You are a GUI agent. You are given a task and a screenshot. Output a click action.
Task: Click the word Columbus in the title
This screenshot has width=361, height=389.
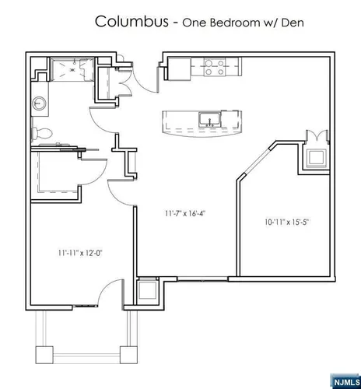pyautogui.click(x=131, y=21)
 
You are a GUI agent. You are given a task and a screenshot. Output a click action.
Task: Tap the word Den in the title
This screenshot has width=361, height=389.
pyautogui.click(x=293, y=23)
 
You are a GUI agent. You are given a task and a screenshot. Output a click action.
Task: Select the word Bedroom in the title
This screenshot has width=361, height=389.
pyautogui.click(x=235, y=23)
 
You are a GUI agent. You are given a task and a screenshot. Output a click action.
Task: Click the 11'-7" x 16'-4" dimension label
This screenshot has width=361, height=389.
pyautogui.click(x=185, y=213)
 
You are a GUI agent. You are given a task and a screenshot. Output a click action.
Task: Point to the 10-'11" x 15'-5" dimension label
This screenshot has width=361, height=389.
pyautogui.click(x=288, y=222)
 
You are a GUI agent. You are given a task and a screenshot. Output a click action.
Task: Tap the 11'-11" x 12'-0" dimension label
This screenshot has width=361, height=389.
pyautogui.click(x=80, y=253)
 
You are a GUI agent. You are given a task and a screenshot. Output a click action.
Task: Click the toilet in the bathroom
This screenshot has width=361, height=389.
pyautogui.click(x=42, y=133)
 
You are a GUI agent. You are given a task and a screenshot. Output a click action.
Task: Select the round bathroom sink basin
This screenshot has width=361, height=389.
pyautogui.click(x=39, y=103)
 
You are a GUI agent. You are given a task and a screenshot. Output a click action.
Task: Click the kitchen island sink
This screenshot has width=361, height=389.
pyautogui.click(x=210, y=120)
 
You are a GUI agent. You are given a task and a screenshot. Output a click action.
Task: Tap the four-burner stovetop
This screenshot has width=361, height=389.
pyautogui.click(x=215, y=67)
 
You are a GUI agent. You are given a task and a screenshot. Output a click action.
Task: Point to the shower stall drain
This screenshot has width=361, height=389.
pyautogui.click(x=72, y=70)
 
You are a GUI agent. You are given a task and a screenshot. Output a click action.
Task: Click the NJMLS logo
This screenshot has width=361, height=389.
pyautogui.click(x=346, y=382)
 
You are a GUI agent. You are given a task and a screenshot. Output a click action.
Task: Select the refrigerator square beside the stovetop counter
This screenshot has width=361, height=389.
pyautogui.click(x=180, y=69)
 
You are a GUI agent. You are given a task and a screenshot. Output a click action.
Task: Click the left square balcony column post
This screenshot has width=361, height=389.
pyautogui.click(x=44, y=355)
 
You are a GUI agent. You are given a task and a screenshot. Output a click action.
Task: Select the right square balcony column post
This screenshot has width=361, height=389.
pyautogui.click(x=128, y=355)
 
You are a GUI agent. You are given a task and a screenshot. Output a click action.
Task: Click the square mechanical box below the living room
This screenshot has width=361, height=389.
pyautogui.click(x=148, y=291)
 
